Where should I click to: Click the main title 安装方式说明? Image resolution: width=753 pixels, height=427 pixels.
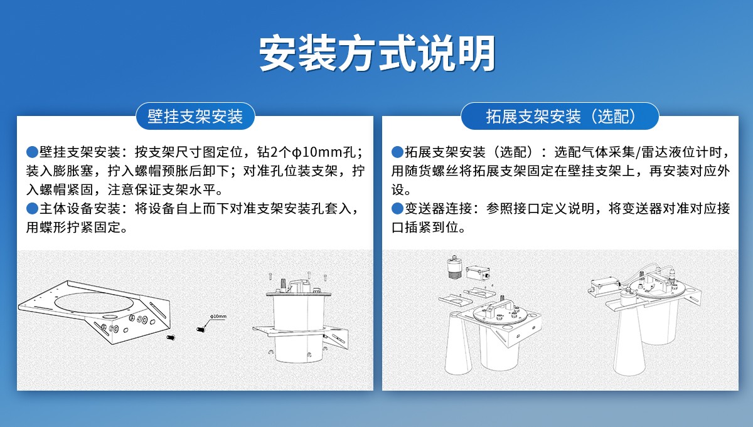pyautogui.click(x=377, y=53)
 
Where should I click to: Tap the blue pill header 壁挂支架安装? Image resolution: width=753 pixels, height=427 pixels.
pyautogui.click(x=195, y=116)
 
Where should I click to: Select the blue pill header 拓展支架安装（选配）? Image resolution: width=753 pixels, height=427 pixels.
pyautogui.click(x=560, y=116)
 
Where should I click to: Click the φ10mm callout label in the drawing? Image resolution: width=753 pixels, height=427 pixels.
pyautogui.click(x=218, y=317)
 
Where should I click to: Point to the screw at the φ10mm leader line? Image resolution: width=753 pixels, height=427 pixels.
pyautogui.click(x=201, y=329)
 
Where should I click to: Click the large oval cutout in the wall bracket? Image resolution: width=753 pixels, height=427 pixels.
pyautogui.click(x=94, y=302)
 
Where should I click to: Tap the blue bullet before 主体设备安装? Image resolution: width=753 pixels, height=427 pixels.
pyautogui.click(x=32, y=209)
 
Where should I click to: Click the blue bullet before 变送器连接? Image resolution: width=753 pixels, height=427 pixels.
pyautogui.click(x=397, y=209)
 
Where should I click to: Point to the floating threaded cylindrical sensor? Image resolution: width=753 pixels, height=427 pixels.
pyautogui.click(x=455, y=267)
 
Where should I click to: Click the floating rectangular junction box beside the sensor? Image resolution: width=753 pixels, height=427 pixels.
pyautogui.click(x=478, y=273)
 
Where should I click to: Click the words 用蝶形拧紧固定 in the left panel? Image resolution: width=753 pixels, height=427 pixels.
pyautogui.click(x=73, y=228)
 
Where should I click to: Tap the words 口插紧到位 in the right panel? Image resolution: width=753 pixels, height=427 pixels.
pyautogui.click(x=425, y=228)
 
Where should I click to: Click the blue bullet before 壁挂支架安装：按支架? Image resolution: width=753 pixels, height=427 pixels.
pyautogui.click(x=32, y=152)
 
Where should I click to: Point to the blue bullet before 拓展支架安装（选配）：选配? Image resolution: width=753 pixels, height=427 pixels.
pyautogui.click(x=397, y=152)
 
